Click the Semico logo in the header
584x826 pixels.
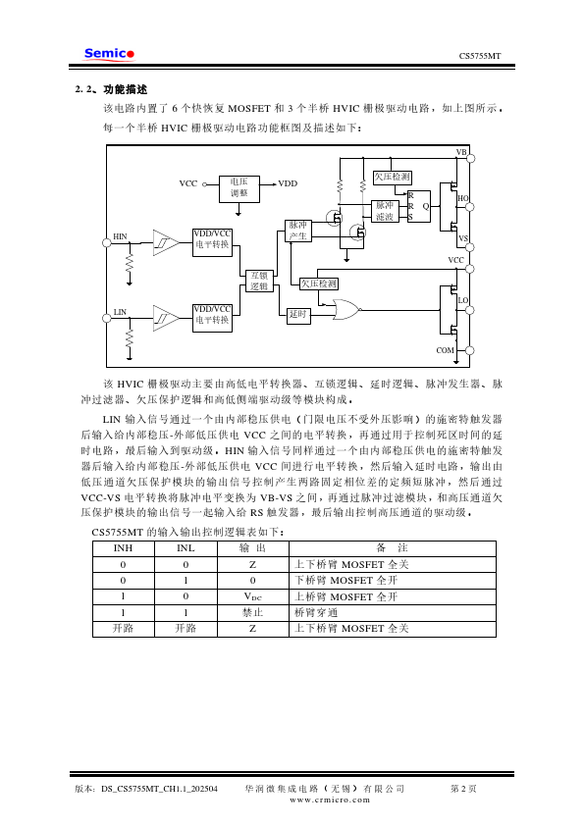point(109,54)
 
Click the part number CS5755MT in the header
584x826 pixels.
point(480,56)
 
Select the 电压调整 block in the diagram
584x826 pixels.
point(239,188)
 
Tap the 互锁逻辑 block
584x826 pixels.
point(259,281)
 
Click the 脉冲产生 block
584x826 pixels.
point(297,231)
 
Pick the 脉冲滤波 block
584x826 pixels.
point(385,211)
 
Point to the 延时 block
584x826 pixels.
point(297,315)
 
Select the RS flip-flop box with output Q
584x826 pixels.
point(419,206)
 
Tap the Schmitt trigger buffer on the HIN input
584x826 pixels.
point(166,243)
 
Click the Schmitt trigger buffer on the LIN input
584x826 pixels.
point(166,318)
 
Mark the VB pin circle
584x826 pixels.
point(471,158)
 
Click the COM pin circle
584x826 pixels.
point(469,350)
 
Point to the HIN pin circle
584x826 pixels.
point(106,243)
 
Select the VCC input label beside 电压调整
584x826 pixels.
point(188,183)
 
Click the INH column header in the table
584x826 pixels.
point(124,548)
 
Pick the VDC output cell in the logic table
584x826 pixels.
point(253,596)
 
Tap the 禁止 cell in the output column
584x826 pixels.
point(253,613)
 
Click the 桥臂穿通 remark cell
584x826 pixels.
point(316,613)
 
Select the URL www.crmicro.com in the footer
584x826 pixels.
point(330,800)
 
